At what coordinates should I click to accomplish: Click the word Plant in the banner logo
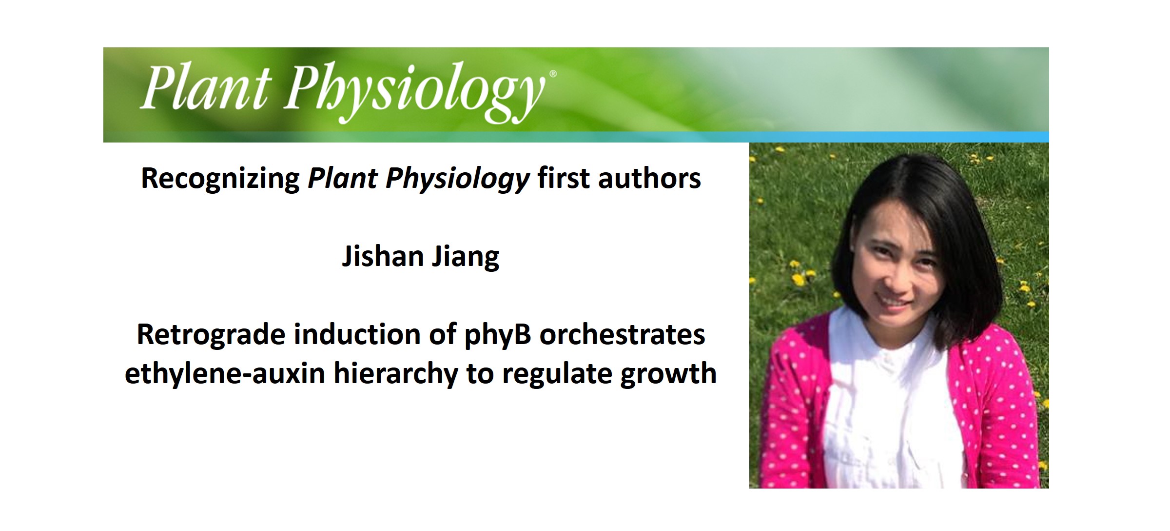(205, 88)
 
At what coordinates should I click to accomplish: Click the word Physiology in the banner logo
(414, 90)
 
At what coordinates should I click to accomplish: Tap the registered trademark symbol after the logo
(553, 74)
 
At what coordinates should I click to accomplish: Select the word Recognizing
(220, 179)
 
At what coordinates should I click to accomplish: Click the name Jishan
(383, 256)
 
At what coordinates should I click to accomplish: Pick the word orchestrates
(622, 335)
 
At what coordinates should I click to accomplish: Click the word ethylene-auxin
(225, 374)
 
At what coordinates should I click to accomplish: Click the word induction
(357, 335)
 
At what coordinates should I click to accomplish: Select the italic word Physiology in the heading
(457, 179)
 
